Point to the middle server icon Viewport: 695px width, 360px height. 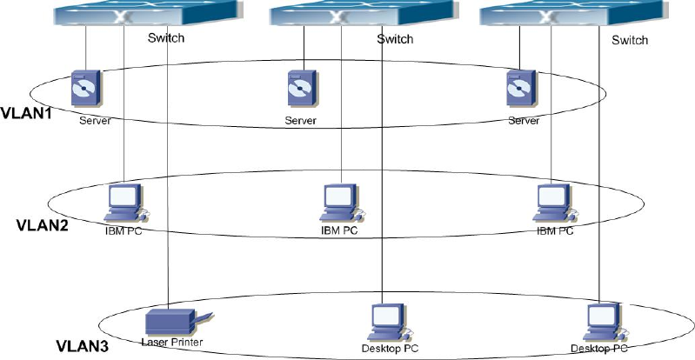coord(299,88)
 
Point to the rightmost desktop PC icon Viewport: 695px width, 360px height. coord(603,323)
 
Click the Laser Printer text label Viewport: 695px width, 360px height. coord(171,342)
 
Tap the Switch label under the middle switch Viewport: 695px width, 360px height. coord(395,39)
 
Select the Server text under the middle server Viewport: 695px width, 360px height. coord(300,120)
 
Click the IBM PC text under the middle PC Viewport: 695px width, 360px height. coord(339,230)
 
